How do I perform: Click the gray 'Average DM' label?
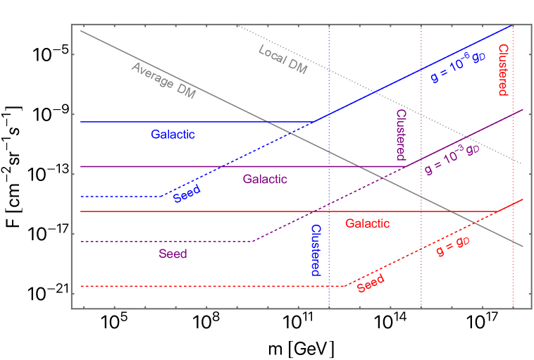tap(163, 80)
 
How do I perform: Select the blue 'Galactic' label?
tap(173, 135)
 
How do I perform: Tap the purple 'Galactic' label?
tap(265, 179)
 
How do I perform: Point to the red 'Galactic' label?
tap(367, 223)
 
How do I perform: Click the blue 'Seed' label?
tap(187, 194)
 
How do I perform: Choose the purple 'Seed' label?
tap(173, 254)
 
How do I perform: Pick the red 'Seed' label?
tap(371, 283)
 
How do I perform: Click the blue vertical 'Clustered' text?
tap(316, 250)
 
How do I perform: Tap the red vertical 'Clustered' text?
tap(503, 70)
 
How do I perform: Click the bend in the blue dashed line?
tap(161, 196)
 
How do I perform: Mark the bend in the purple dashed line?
tap(253, 241)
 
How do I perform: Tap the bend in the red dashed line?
tap(344, 286)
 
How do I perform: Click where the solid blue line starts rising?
tap(313, 122)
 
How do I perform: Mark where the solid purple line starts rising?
tap(405, 166)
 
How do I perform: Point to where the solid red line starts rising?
tap(497, 211)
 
